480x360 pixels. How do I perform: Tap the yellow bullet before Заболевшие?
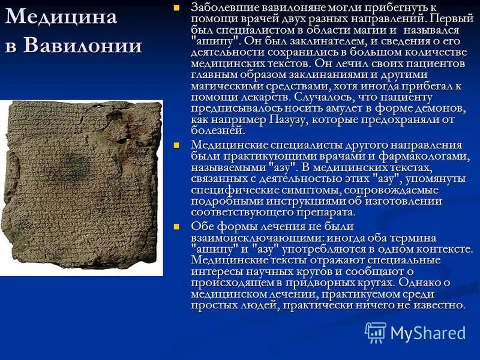[x=176, y=8]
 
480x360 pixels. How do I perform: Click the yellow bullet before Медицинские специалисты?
[x=176, y=146]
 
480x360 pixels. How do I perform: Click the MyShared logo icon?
[x=376, y=332]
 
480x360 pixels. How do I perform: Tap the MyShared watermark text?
[x=428, y=334]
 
